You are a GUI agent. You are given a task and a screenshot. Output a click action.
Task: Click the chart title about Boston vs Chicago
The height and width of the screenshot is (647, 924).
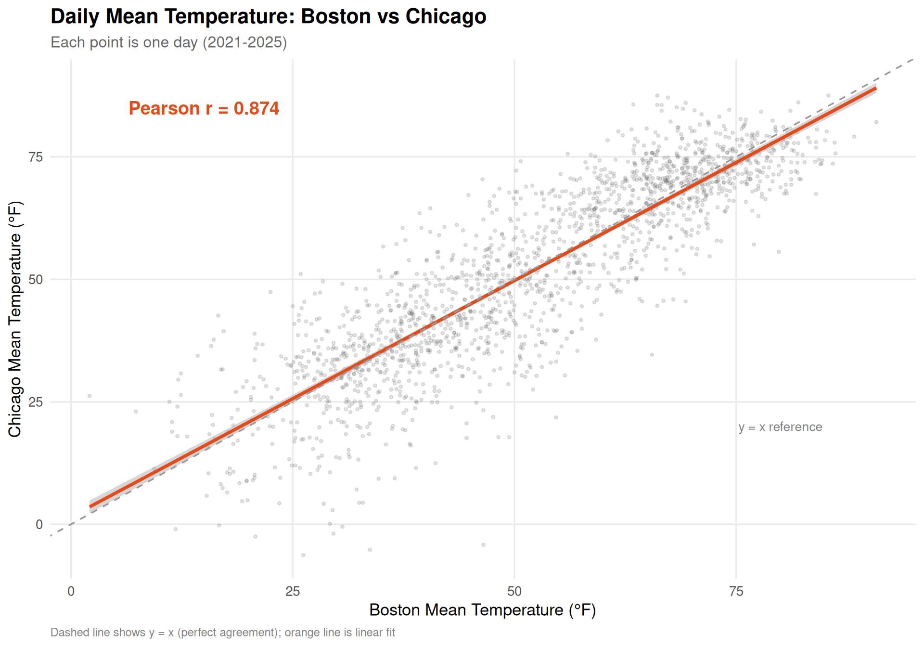[x=268, y=16]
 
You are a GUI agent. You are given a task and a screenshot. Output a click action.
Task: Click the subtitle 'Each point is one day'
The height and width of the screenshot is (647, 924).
[x=168, y=42]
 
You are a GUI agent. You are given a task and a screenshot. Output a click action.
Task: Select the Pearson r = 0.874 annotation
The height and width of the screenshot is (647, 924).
[x=204, y=108]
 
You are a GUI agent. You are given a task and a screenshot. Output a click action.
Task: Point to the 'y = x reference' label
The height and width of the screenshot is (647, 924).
[x=780, y=427]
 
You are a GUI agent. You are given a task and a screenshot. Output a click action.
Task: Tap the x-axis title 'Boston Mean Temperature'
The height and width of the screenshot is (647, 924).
[x=482, y=610]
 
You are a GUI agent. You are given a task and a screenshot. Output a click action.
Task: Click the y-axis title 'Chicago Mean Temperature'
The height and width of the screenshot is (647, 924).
[x=15, y=319]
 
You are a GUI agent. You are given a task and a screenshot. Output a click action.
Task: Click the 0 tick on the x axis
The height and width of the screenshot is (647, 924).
[x=71, y=591]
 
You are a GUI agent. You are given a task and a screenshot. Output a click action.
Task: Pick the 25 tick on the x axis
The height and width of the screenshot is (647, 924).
[x=293, y=591]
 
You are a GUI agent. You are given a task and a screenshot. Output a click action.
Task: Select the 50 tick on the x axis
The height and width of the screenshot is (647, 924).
[x=514, y=591]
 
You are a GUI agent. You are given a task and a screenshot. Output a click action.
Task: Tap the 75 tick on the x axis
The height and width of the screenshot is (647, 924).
[x=736, y=591]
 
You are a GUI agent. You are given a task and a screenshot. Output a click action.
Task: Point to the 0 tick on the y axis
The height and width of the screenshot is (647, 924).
[x=39, y=524]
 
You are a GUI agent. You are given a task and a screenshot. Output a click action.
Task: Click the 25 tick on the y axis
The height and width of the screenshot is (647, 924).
[x=36, y=402]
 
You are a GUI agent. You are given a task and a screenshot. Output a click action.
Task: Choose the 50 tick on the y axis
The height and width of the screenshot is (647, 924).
[x=36, y=279]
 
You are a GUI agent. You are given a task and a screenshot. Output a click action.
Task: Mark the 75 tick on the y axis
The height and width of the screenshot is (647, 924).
[x=36, y=157]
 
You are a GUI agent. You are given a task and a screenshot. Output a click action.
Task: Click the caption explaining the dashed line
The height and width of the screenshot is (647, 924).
[x=222, y=632]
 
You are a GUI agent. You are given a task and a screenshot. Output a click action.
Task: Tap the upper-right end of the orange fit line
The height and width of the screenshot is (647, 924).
[x=874, y=89]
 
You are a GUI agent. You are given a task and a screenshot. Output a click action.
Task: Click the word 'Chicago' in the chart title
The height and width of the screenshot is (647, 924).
[x=446, y=16]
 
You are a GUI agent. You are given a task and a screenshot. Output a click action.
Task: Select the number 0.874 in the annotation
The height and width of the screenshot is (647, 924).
[x=256, y=108]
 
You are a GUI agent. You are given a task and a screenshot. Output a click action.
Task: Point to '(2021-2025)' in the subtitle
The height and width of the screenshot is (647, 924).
[x=244, y=42]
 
